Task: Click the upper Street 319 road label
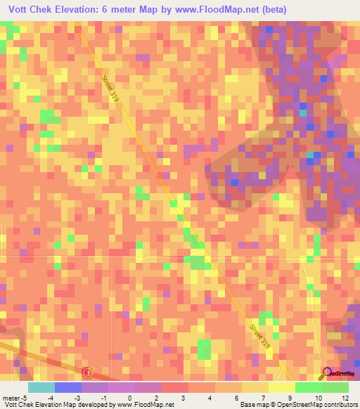tap(110, 90)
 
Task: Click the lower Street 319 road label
tap(259, 334)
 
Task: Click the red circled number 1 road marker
tap(87, 372)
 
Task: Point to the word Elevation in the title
tap(86, 10)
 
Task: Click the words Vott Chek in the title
tap(30, 10)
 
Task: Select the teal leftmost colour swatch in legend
tap(41, 387)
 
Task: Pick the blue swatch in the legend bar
tap(67, 387)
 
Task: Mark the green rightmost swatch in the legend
tap(335, 387)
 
